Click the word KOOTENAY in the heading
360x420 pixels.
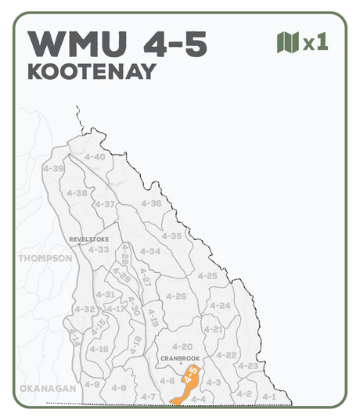(x=92, y=70)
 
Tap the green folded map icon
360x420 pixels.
(x=288, y=41)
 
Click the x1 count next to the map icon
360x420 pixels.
(x=315, y=42)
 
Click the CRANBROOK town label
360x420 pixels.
(x=180, y=358)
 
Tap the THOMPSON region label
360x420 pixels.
(x=45, y=258)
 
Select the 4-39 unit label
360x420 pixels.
(x=53, y=169)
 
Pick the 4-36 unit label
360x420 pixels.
(x=151, y=203)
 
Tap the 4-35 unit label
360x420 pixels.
(x=171, y=235)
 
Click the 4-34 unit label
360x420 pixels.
(x=149, y=251)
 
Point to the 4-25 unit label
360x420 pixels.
(x=207, y=276)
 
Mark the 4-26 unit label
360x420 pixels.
(x=175, y=296)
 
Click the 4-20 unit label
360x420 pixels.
(x=182, y=346)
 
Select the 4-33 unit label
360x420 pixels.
(x=99, y=249)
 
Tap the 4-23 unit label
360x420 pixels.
(x=247, y=366)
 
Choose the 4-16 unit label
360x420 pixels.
(x=98, y=349)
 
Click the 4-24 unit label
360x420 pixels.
(x=221, y=305)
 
